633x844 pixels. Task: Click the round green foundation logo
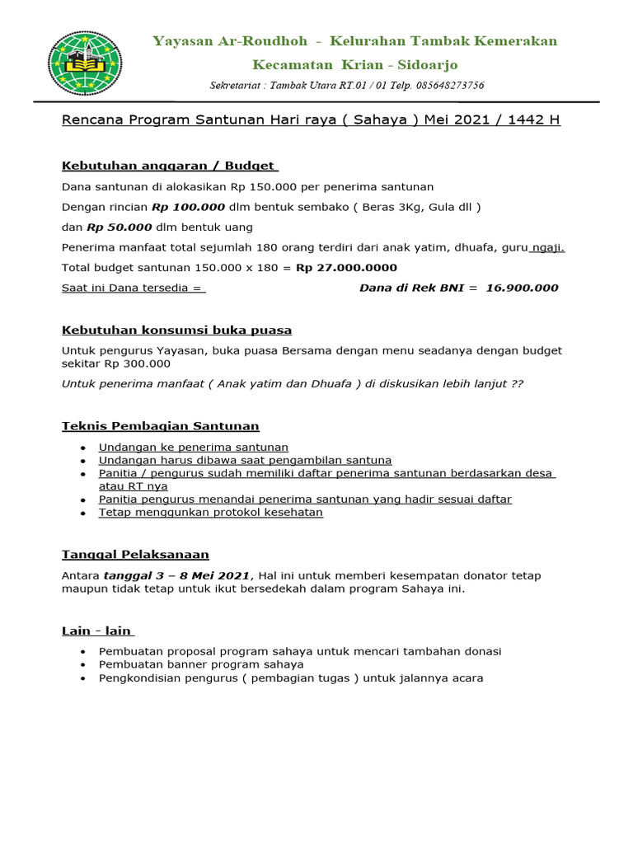85,63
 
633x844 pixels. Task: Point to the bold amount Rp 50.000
119,227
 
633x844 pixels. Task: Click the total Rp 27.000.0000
346,268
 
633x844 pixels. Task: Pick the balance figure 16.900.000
522,288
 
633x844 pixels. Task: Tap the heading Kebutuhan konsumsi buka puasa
177,331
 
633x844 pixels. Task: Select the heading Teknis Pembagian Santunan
161,426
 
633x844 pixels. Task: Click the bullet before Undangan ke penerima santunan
83,448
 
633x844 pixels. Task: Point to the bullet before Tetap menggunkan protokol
83,513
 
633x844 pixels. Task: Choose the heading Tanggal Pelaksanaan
136,554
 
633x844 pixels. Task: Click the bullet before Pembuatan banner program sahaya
83,664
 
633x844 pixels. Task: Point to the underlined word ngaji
547,247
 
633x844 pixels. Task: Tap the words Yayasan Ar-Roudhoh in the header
230,41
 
